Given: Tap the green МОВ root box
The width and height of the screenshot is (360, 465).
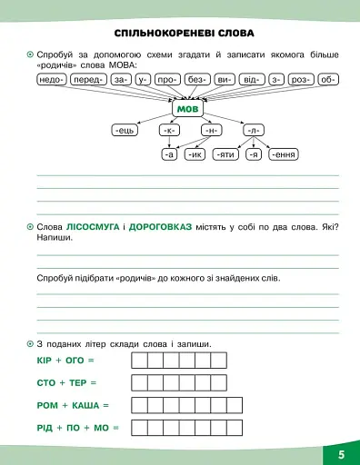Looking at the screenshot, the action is click(x=185, y=109).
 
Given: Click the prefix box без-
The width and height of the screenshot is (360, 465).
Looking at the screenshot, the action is click(x=197, y=79).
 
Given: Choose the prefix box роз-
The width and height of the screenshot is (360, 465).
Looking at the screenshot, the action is click(x=301, y=79).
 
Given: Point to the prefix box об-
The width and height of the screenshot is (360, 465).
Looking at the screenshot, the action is click(x=329, y=79).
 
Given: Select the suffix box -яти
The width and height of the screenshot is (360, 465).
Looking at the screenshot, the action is click(x=225, y=154).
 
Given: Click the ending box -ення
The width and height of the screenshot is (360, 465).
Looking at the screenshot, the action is click(x=285, y=154).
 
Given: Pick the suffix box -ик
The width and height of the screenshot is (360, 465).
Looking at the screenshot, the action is click(x=194, y=154).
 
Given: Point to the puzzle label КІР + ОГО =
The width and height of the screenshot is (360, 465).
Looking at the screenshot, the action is click(x=65, y=361).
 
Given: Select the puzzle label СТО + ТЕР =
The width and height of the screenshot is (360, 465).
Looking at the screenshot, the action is click(x=66, y=382).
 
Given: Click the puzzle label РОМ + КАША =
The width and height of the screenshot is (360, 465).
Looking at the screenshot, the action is click(x=72, y=404).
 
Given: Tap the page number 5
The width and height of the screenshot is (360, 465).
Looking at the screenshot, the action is click(x=341, y=452).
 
